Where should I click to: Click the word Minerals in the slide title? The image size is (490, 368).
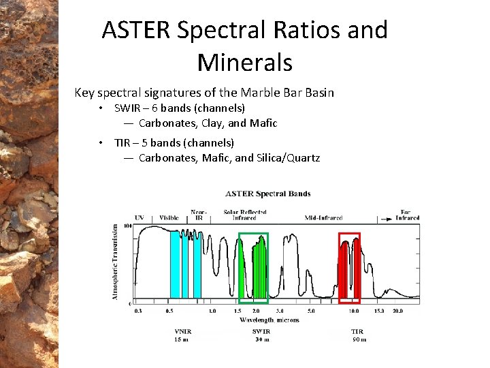[x=245, y=63]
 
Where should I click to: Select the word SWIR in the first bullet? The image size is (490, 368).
[x=128, y=108]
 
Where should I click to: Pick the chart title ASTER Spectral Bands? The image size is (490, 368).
[x=267, y=194]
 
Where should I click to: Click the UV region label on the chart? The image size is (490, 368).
[x=140, y=218]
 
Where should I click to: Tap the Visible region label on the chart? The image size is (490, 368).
[x=169, y=218]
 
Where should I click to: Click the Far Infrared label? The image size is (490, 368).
[x=407, y=215]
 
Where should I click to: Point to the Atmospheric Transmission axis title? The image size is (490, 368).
[x=115, y=261]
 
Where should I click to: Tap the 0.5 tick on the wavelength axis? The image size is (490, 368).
[x=169, y=311]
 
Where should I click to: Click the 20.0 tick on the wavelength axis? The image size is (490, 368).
[x=397, y=311]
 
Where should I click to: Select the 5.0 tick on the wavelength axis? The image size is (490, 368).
[x=311, y=311]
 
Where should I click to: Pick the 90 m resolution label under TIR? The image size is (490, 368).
[x=359, y=339]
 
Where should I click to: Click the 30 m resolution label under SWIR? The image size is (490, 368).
[x=262, y=339]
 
